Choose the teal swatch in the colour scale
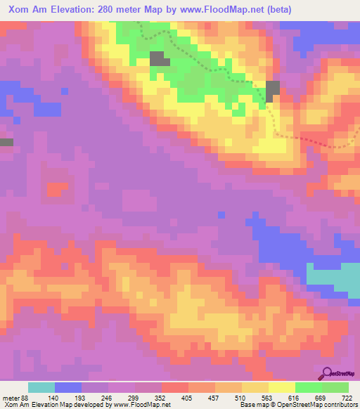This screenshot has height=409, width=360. [41, 388]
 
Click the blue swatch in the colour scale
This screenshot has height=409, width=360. [68, 388]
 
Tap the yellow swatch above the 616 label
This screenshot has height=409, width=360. [282, 388]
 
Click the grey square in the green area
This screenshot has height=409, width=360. [159, 59]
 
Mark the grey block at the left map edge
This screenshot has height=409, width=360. [6, 143]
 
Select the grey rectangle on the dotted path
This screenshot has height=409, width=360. [272, 89]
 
